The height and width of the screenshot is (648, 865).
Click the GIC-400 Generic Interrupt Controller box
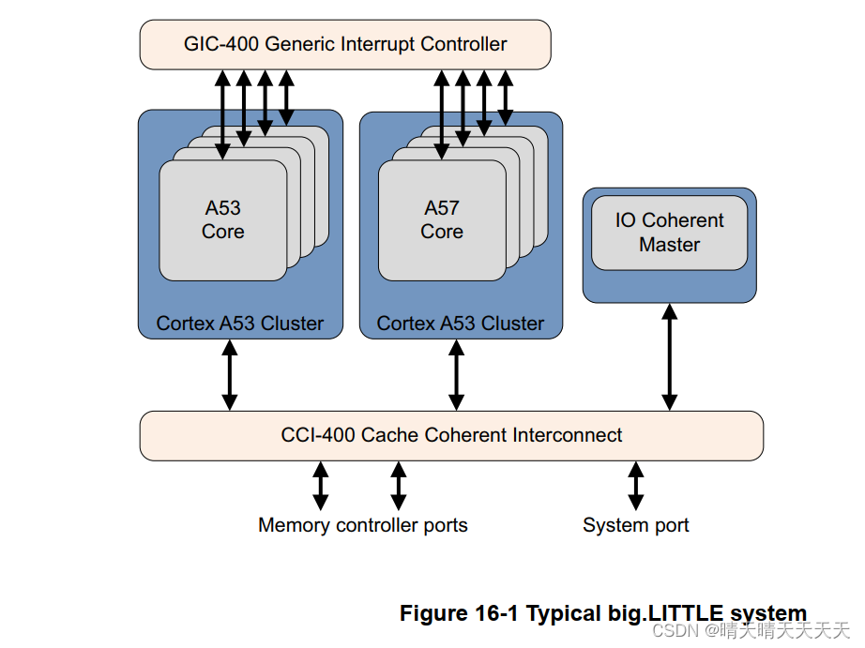(x=344, y=44)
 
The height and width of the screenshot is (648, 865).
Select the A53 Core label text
(x=223, y=220)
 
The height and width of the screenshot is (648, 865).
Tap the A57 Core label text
(x=442, y=220)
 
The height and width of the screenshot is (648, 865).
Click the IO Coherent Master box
(x=669, y=233)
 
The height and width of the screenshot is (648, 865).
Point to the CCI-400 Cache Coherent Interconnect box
(x=450, y=435)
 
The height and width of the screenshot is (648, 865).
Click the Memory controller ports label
(x=362, y=525)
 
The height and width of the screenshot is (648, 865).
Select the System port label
(x=635, y=525)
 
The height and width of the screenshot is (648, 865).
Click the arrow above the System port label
(x=636, y=485)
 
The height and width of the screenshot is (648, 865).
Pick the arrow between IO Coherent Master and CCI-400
(x=669, y=356)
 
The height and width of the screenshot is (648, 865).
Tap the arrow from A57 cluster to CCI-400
(x=456, y=375)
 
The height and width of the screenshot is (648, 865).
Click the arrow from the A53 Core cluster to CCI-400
(x=229, y=375)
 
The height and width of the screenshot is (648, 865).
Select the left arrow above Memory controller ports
(x=321, y=485)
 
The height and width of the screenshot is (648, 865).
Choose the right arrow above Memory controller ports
(x=399, y=485)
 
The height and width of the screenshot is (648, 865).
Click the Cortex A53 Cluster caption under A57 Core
(x=460, y=324)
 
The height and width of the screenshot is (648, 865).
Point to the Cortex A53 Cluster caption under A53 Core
(x=239, y=324)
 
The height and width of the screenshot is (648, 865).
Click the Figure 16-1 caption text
(x=602, y=613)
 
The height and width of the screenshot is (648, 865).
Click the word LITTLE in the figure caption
(x=686, y=613)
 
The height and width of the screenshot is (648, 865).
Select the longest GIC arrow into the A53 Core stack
(x=222, y=113)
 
